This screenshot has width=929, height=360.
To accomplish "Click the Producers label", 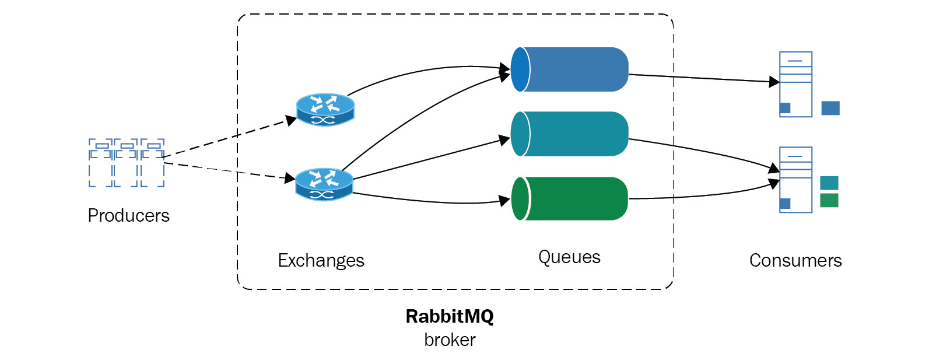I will [128, 215].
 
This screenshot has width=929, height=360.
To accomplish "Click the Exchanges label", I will [321, 260].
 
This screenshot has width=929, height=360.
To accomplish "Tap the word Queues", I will [569, 257].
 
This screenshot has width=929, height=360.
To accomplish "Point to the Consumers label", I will [795, 260].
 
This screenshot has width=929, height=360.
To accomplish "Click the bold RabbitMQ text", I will [450, 316].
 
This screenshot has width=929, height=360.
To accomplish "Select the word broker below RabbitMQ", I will [450, 340].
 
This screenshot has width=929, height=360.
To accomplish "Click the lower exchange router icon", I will [324, 184].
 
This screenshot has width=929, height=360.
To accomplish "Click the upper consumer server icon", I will [795, 85].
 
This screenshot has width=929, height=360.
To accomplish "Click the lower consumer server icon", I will [795, 180].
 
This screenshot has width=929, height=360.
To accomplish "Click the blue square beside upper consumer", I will [830, 108].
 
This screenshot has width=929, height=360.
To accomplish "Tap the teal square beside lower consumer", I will [829, 183].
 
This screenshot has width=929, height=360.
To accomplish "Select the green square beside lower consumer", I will [829, 200].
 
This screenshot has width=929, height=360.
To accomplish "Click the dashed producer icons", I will [127, 163].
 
